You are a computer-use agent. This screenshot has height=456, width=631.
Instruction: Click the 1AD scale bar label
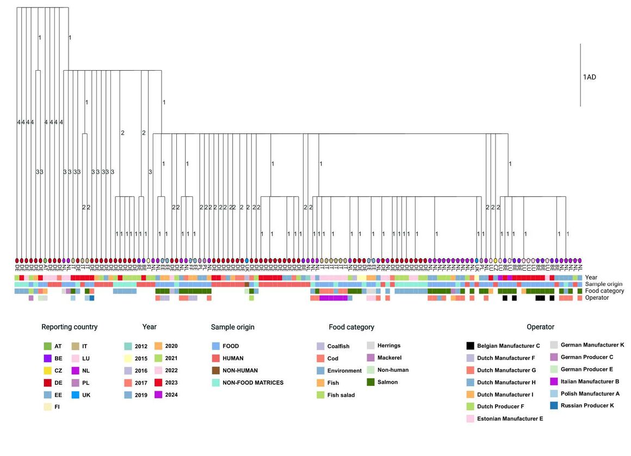tap(590, 77)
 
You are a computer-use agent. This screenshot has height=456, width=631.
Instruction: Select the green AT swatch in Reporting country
tap(48, 346)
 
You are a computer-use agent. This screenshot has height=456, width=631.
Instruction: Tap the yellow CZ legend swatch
tap(48, 371)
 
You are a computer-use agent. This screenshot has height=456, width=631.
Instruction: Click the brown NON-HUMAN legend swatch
tap(215, 371)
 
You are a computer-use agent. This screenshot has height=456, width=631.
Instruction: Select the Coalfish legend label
tap(338, 346)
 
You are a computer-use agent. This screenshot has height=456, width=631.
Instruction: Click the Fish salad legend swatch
tap(320, 395)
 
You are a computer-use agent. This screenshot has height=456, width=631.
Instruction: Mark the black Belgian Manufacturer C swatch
tap(470, 346)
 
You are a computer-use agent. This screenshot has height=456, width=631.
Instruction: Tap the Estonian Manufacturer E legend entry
tap(510, 419)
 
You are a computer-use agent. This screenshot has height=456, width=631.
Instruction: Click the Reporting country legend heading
tap(70, 327)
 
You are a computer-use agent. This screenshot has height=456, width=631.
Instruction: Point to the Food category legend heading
tap(351, 327)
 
